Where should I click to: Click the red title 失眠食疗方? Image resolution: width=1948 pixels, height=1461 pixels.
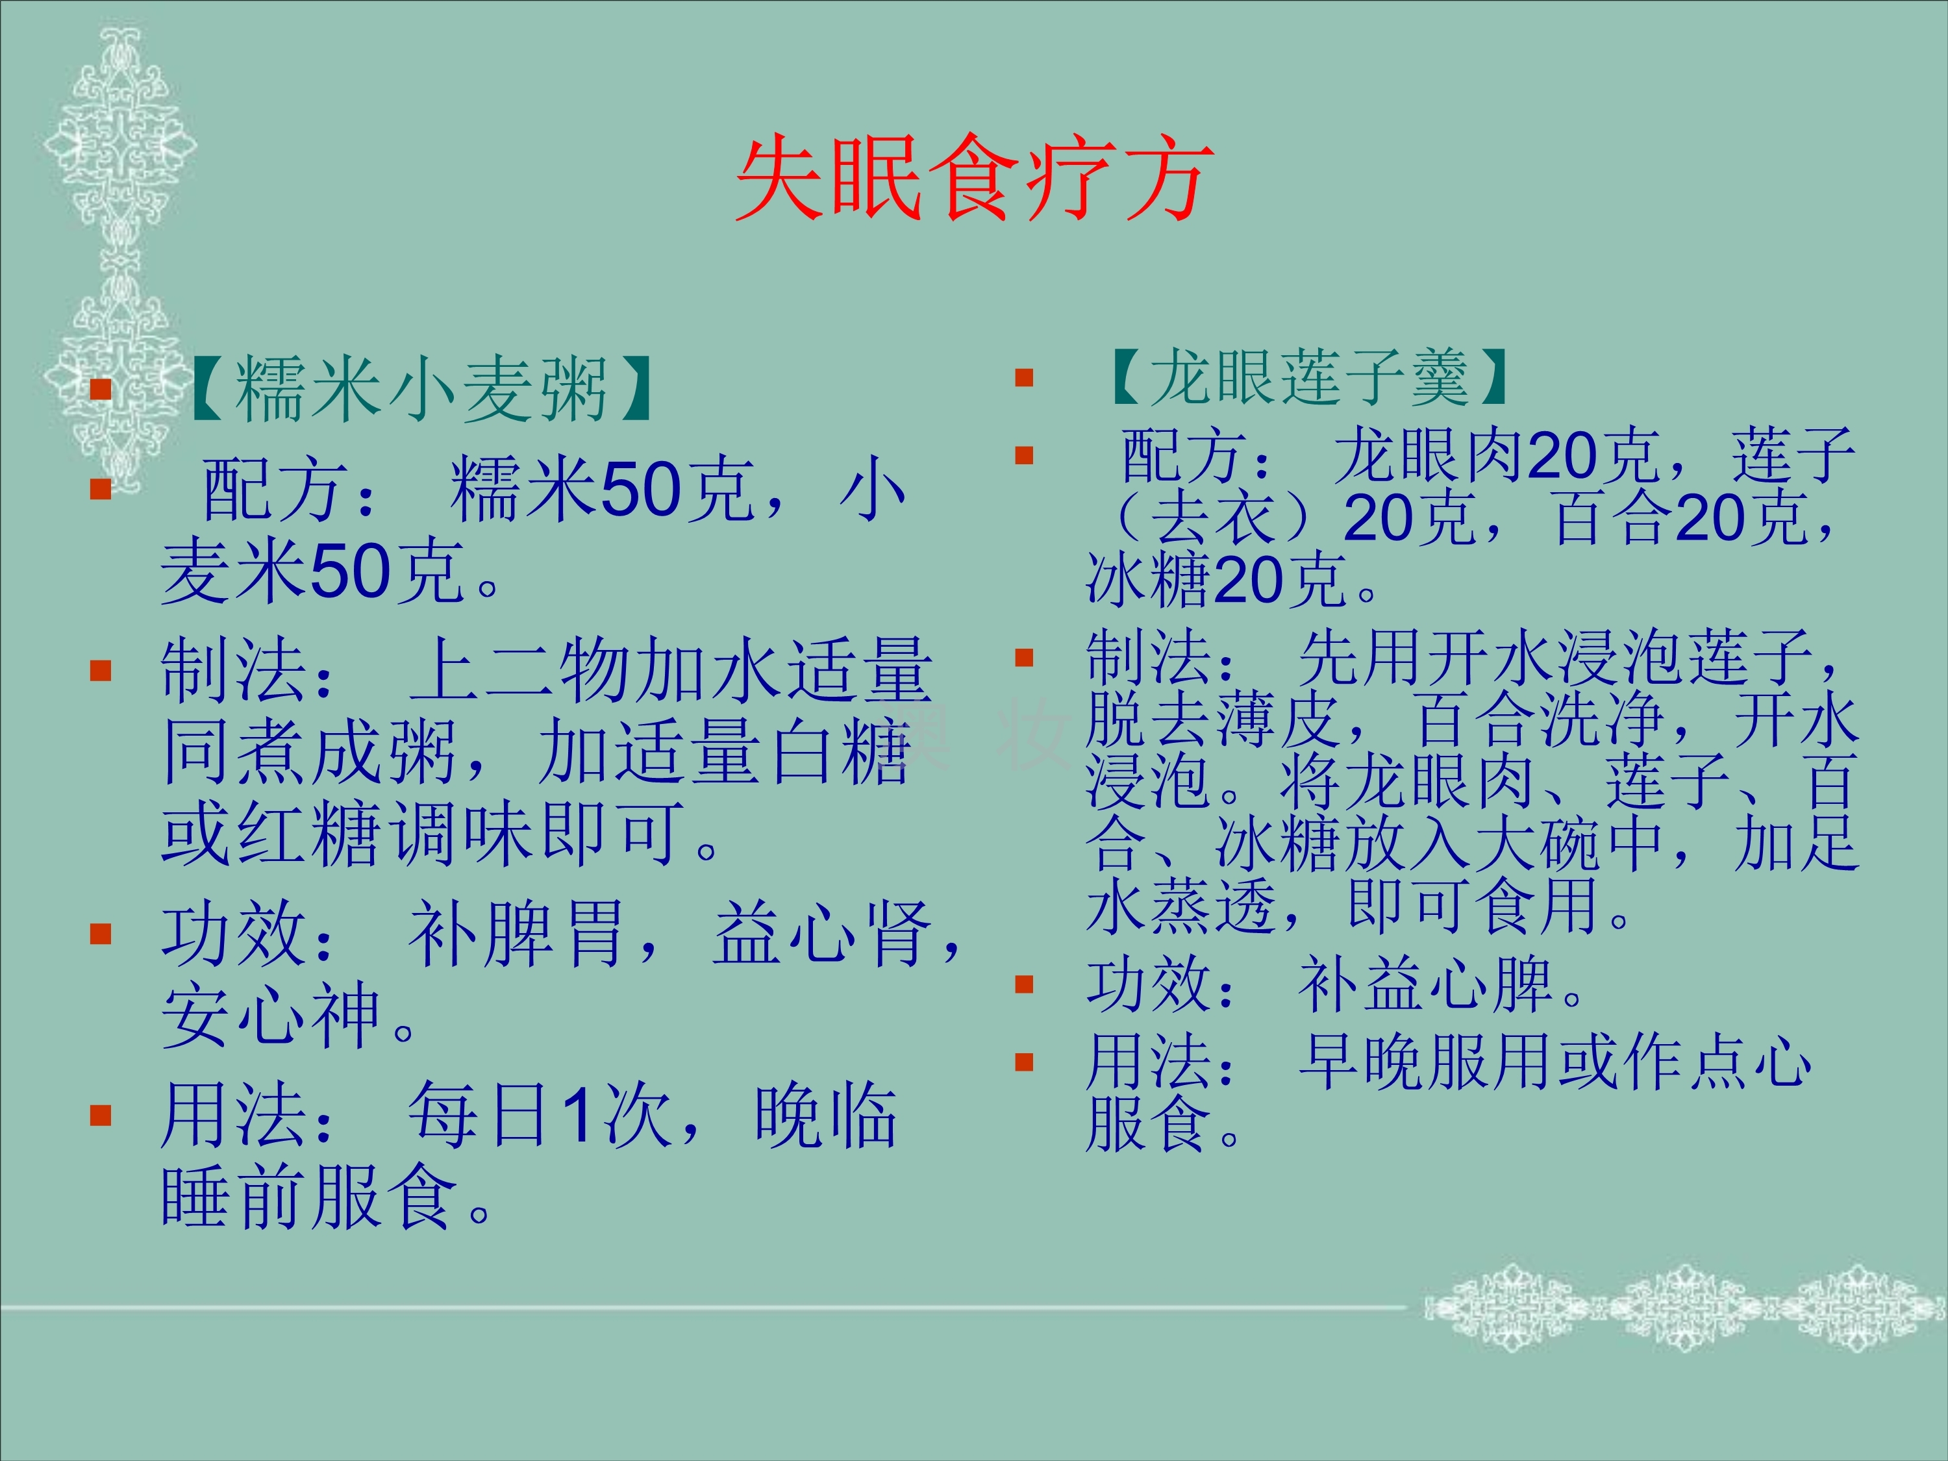pos(974,179)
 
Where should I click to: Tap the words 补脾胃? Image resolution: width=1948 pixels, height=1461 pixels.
pos(516,934)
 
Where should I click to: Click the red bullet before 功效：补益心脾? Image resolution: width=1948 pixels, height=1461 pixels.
pos(1023,984)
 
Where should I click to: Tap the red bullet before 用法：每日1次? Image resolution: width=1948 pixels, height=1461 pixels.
pos(101,1116)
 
